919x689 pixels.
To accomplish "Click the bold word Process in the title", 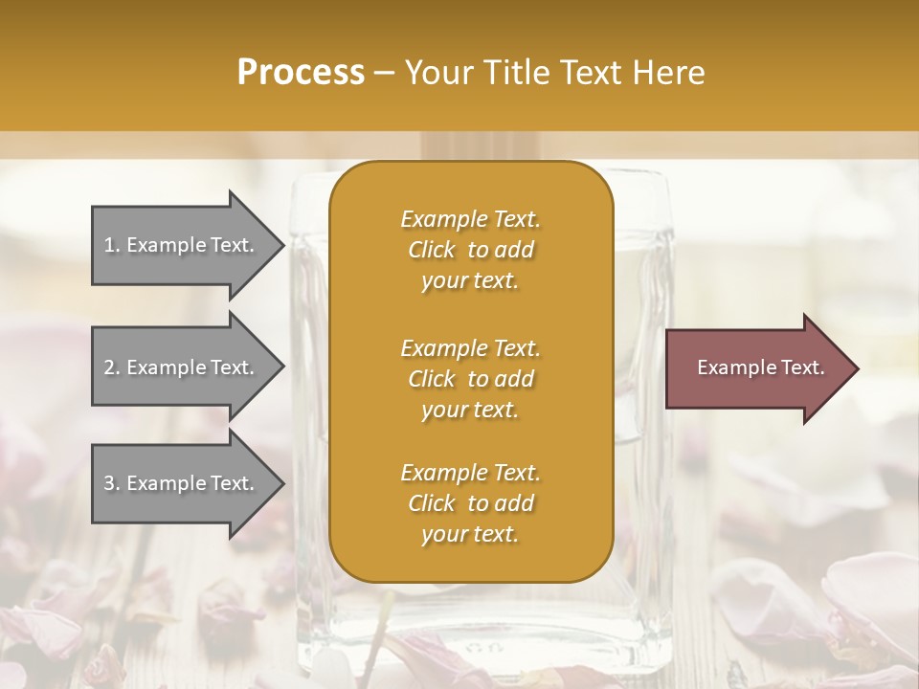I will pyautogui.click(x=301, y=73).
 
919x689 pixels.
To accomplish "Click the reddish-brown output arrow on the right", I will pyautogui.click(x=756, y=368).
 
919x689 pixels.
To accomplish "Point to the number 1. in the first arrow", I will pyautogui.click(x=112, y=245).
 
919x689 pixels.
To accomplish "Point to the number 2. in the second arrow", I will pyautogui.click(x=112, y=367).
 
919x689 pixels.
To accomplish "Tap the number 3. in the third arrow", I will pyautogui.click(x=112, y=483).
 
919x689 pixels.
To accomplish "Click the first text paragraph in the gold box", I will pyautogui.click(x=470, y=250).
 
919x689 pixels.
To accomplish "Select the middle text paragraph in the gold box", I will pyautogui.click(x=470, y=378).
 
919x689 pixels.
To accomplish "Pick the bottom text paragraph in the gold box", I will pyautogui.click(x=470, y=503).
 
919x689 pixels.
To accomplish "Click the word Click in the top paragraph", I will pyautogui.click(x=432, y=250).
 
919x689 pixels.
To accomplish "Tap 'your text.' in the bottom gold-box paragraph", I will pyautogui.click(x=470, y=534).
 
